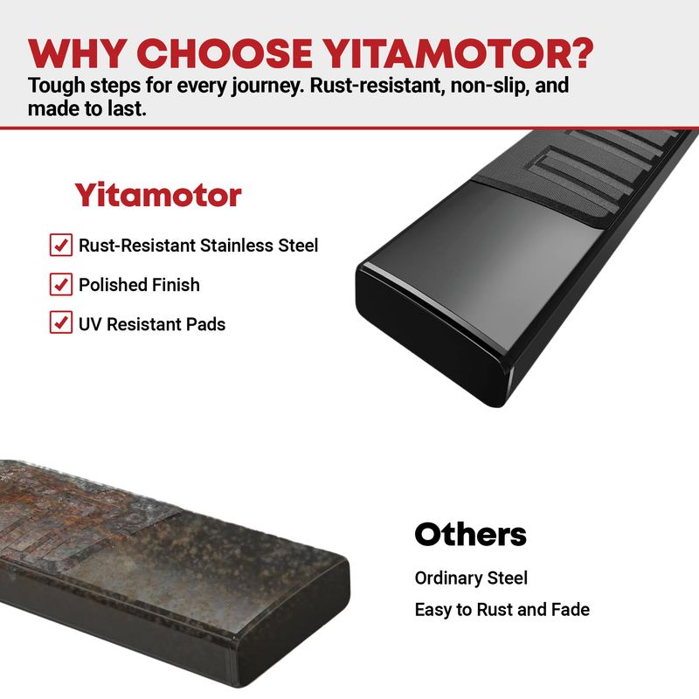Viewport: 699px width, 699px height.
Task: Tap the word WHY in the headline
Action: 76,53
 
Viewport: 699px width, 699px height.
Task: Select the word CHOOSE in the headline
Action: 225,53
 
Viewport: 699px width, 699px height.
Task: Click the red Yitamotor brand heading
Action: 158,195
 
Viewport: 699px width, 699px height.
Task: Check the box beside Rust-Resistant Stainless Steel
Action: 61,245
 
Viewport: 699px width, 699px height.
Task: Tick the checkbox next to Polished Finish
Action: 61,284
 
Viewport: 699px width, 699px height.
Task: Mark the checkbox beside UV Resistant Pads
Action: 61,322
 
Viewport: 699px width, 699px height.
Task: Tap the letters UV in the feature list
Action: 91,324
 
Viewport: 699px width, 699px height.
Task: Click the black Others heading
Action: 470,534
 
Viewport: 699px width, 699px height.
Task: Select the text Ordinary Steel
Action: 471,578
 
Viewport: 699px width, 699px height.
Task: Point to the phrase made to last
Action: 87,108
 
